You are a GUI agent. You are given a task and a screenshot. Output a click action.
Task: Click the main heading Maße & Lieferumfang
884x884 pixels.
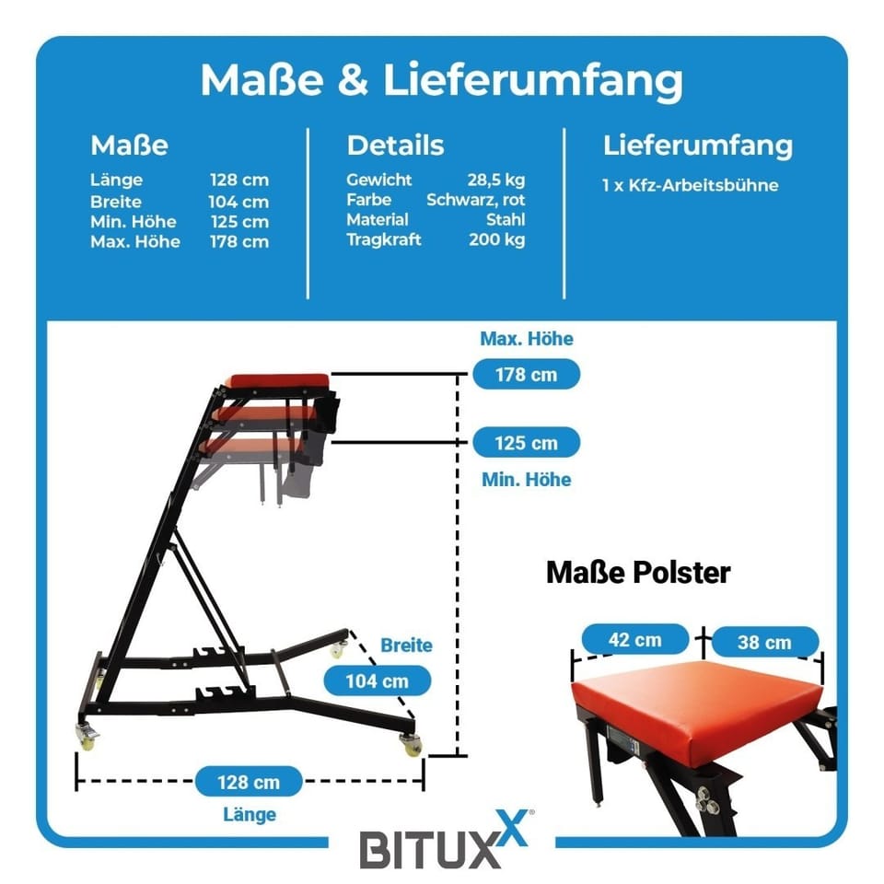[x=441, y=81]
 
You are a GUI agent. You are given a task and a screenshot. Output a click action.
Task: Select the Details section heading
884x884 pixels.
[x=395, y=145]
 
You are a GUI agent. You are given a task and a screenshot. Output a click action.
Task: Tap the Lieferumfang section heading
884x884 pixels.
[x=697, y=145]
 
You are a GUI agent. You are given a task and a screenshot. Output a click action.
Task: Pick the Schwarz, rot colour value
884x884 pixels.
[x=475, y=200]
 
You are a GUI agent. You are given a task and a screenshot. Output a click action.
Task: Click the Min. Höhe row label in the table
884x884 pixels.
[x=133, y=221]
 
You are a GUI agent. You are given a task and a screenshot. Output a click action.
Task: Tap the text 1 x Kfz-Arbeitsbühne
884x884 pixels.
[x=690, y=185]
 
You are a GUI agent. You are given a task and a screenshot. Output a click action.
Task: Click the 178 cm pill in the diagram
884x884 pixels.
[x=526, y=375]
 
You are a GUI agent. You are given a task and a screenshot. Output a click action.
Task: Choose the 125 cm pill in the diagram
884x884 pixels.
[x=526, y=443]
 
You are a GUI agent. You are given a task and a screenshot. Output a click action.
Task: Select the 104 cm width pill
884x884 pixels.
[x=378, y=681]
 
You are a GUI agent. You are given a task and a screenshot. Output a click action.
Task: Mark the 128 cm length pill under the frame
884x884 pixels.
[x=249, y=783]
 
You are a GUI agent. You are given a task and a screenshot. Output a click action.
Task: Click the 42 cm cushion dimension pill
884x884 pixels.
[x=634, y=639]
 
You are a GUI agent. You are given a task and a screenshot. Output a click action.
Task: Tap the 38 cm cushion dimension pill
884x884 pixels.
[x=764, y=642]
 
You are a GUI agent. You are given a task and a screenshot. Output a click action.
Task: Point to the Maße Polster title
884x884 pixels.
[x=637, y=573]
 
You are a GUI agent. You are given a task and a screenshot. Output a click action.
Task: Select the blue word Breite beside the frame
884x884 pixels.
[x=406, y=646]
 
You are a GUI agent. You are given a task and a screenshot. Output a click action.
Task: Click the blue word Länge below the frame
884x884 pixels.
[x=249, y=814]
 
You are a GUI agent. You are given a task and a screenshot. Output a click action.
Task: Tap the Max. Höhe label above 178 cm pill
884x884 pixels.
[x=526, y=339]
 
